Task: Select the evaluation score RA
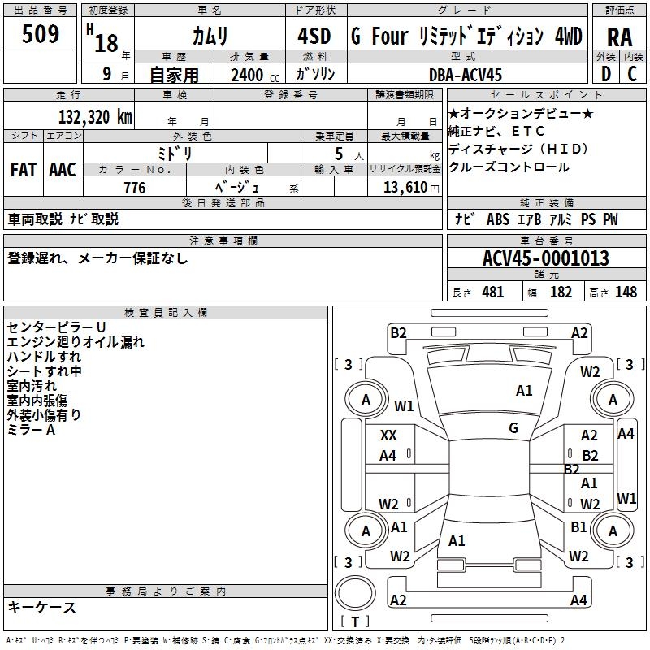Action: (619, 37)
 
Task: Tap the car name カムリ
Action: (210, 36)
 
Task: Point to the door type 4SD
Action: (314, 37)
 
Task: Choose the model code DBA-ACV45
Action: (466, 75)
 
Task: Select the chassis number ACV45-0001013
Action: (545, 258)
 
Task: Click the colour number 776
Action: (134, 188)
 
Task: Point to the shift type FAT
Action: (24, 169)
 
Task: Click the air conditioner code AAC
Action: (63, 169)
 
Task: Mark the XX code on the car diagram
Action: (388, 435)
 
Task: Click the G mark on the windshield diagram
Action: (513, 428)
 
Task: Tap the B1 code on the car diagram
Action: (578, 527)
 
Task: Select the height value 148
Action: (626, 292)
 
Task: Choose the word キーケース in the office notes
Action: (41, 608)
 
